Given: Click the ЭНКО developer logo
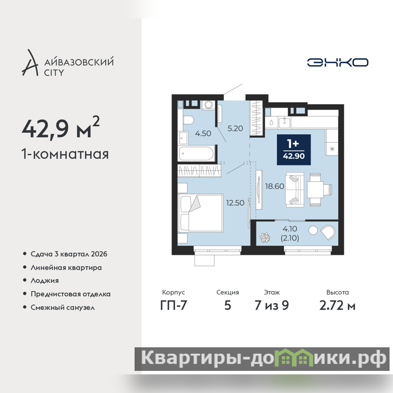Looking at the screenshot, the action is click(337, 62).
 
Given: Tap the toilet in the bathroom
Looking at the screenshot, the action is click(188, 120).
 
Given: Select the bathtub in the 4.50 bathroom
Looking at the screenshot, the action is click(196, 153).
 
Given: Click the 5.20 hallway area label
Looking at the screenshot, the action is click(235, 128).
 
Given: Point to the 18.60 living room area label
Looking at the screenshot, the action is click(275, 186).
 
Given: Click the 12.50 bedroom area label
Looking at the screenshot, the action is click(235, 203).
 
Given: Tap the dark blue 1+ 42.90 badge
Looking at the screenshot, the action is click(294, 150).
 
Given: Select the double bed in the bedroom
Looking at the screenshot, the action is click(200, 213).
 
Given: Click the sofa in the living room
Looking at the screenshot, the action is click(295, 190).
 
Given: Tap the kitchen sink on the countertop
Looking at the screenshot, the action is click(284, 122).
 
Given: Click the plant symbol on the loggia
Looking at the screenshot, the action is click(265, 237).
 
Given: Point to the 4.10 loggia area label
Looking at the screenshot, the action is click(290, 228).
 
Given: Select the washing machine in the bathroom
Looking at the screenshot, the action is click(208, 105).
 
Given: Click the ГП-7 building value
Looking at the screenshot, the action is click(174, 305).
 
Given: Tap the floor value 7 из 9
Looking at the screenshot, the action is click(272, 305).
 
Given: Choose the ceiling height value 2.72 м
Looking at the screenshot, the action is click(337, 305).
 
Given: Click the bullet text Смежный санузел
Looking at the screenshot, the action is click(63, 308).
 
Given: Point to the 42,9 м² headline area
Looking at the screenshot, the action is click(60, 128).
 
